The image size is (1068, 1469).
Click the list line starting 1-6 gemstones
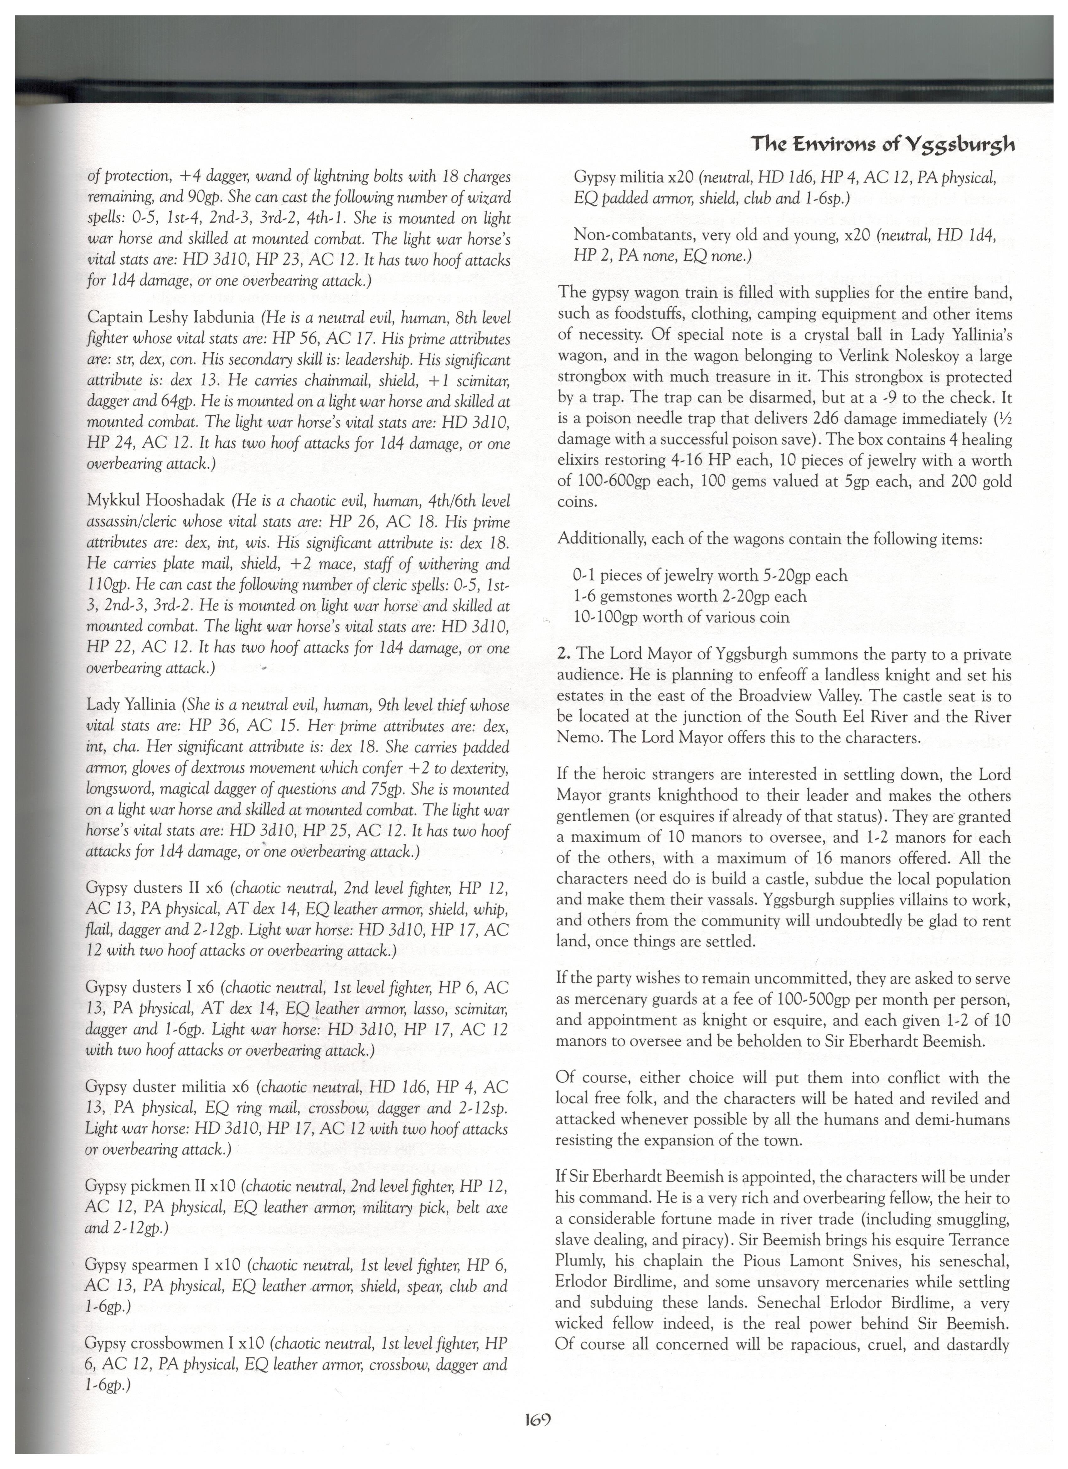coord(689,596)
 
